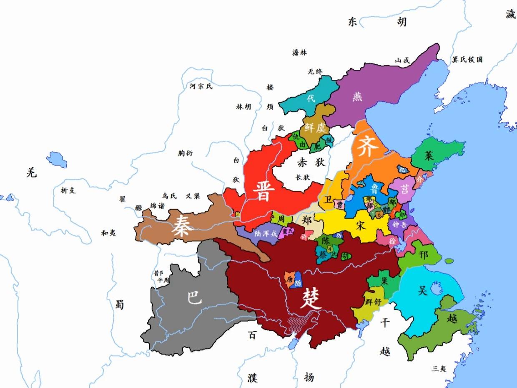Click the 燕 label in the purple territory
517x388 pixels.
coord(357,96)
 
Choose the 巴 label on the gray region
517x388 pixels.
coord(194,297)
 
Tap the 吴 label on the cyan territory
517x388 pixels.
coord(423,290)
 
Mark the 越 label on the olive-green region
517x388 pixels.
coord(452,319)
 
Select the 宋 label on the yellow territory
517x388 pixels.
coord(361,226)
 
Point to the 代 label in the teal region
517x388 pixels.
coord(311,99)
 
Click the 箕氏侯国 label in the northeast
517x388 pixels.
coord(467,60)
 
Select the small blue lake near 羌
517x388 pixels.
coord(57,160)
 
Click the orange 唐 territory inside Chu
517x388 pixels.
coord(289,279)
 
